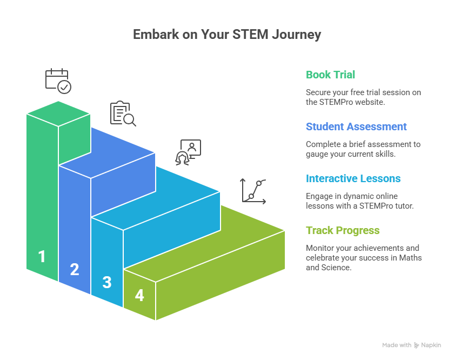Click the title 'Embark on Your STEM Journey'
(x=227, y=35)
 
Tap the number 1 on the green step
(x=42, y=256)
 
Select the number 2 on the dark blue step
(x=75, y=269)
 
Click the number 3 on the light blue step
(x=107, y=282)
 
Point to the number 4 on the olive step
(x=139, y=296)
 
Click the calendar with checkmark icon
(x=58, y=81)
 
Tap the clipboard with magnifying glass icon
(x=123, y=114)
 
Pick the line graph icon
(x=253, y=191)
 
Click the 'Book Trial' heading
(x=330, y=75)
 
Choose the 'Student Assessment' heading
(x=356, y=126)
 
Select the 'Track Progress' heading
(x=343, y=230)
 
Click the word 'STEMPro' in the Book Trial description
(x=335, y=102)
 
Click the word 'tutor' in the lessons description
(x=404, y=206)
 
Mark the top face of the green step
(x=58, y=114)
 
